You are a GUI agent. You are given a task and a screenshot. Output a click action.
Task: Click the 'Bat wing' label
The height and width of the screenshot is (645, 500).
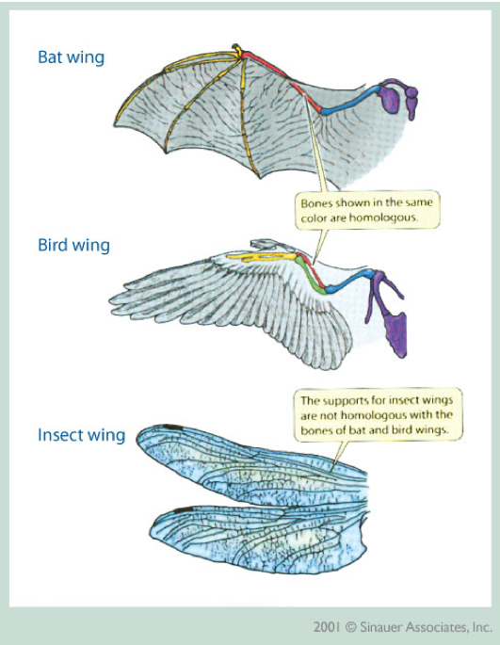coord(72,57)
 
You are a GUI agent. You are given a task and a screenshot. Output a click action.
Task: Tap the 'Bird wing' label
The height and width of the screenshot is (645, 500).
coord(74,245)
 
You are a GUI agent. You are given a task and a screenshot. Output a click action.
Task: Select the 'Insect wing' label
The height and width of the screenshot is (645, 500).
coord(82,435)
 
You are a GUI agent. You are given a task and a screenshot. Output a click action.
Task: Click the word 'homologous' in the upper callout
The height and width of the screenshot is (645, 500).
coord(383,218)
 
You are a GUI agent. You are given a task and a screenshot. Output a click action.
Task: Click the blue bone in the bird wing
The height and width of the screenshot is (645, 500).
coord(349,281)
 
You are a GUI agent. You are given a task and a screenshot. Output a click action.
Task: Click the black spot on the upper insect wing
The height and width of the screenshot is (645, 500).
coord(173,427)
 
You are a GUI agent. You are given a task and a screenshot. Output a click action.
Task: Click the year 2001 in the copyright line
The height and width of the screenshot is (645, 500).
coord(327,627)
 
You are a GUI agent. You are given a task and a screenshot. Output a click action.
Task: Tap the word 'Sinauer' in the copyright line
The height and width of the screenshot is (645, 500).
coord(381,627)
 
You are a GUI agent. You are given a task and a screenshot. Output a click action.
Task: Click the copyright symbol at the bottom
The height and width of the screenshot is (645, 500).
coord(350,628)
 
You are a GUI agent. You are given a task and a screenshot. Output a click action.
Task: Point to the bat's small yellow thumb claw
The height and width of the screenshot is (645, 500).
coord(236,49)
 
